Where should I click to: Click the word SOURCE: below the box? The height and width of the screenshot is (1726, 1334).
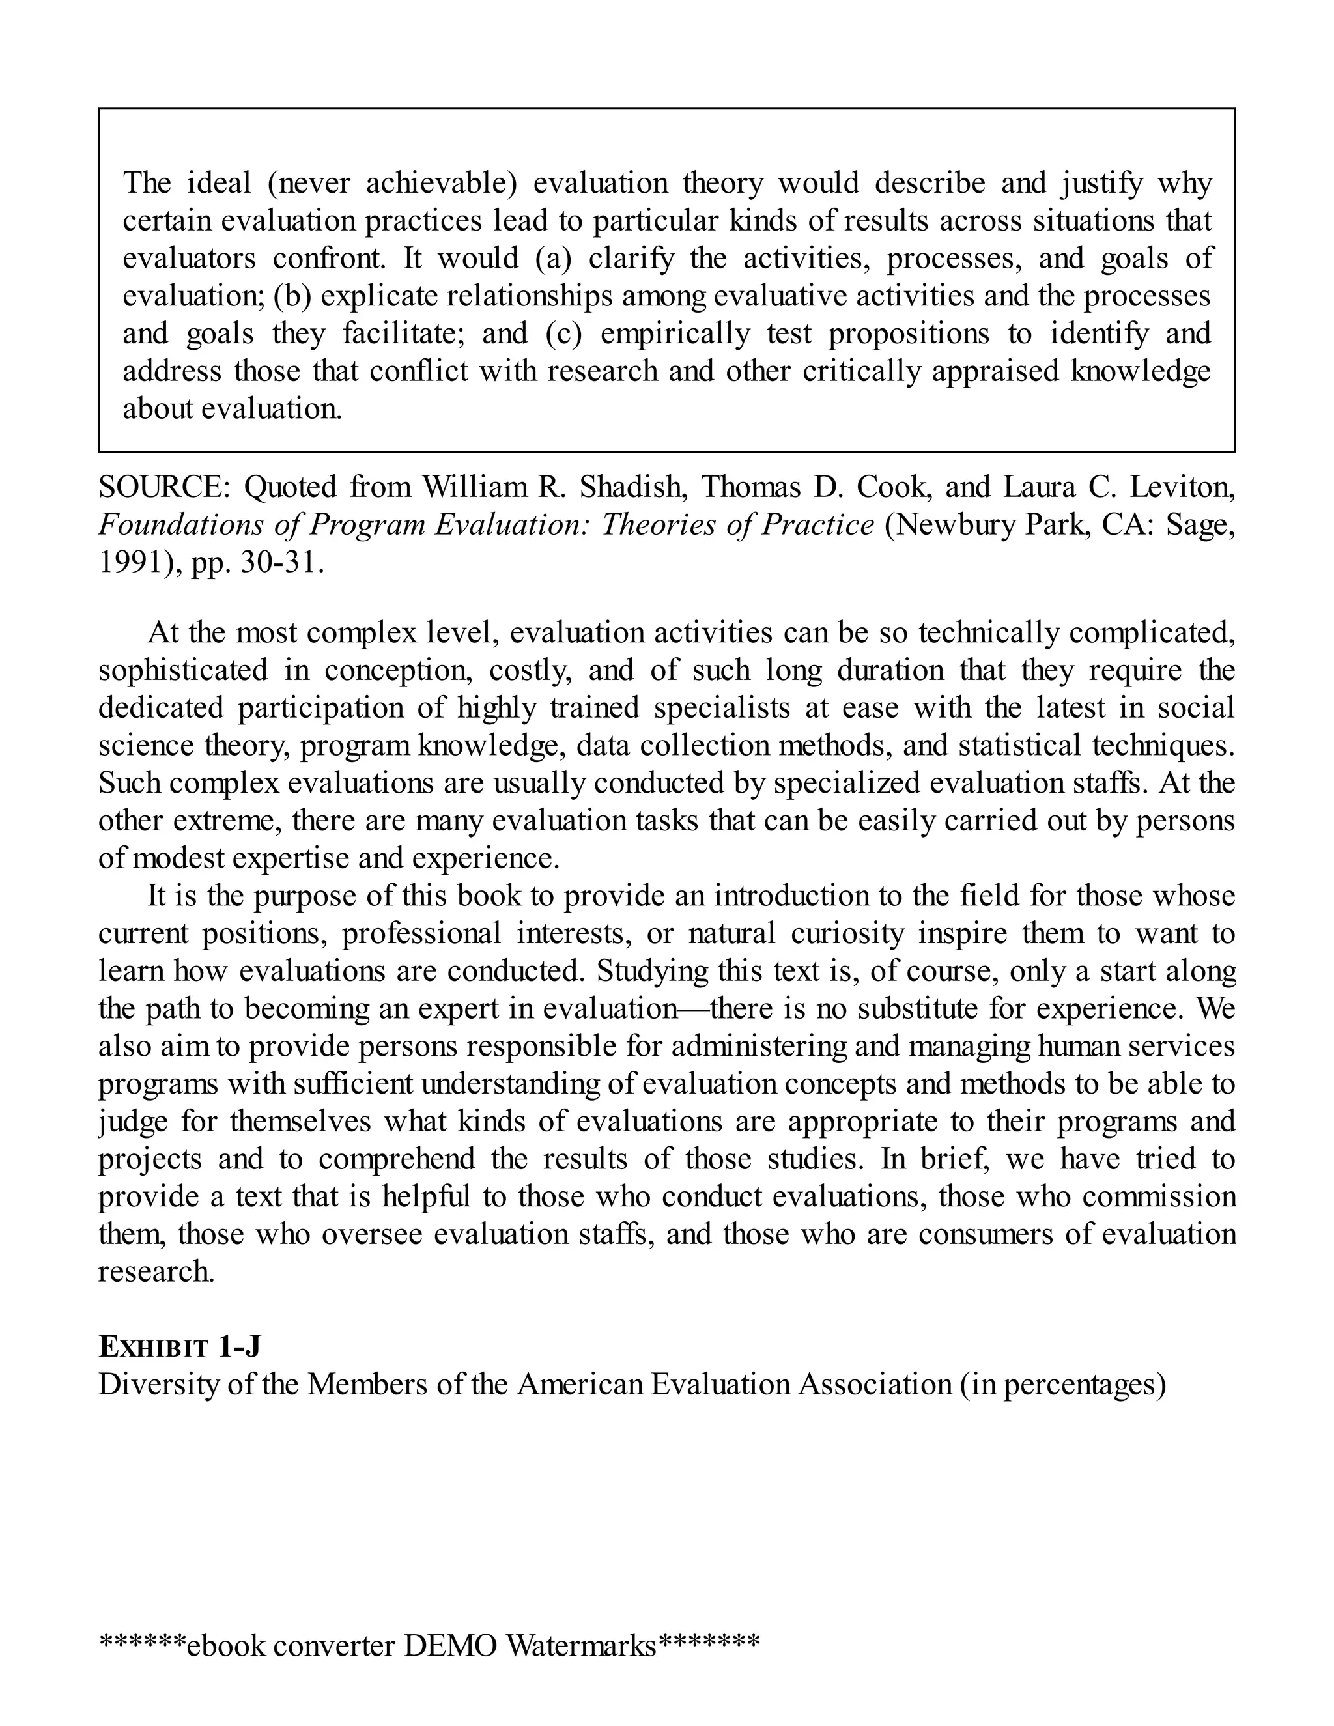coord(163,488)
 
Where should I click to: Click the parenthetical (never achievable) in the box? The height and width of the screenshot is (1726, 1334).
coord(392,184)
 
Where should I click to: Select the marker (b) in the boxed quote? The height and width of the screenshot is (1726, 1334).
coord(293,296)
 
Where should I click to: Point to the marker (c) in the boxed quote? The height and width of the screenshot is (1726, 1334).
coord(563,333)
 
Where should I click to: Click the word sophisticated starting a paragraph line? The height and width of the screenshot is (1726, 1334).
coord(182,670)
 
